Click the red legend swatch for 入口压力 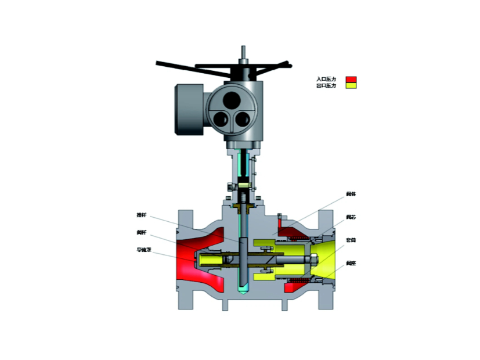(351, 79)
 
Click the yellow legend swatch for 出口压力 (351, 86)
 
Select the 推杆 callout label (142, 215)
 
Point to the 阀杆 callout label (142, 232)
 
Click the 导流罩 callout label (143, 250)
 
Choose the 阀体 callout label (351, 195)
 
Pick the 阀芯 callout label (351, 217)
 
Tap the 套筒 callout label (351, 239)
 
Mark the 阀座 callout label (351, 262)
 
